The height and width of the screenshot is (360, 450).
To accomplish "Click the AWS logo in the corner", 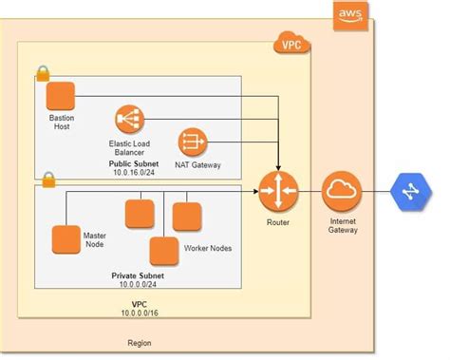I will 349,14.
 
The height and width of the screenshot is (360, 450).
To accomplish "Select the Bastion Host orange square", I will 61,97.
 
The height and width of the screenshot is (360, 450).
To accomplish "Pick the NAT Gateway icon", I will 193,142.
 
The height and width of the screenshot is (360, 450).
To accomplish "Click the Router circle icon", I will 277,191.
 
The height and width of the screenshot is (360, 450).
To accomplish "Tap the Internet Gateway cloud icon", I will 339,191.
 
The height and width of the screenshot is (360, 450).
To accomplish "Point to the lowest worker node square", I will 164,251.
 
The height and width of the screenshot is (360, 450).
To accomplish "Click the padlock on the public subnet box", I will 42,73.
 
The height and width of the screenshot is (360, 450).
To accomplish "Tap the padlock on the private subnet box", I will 47,179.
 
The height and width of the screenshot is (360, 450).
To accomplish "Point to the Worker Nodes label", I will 207,249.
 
